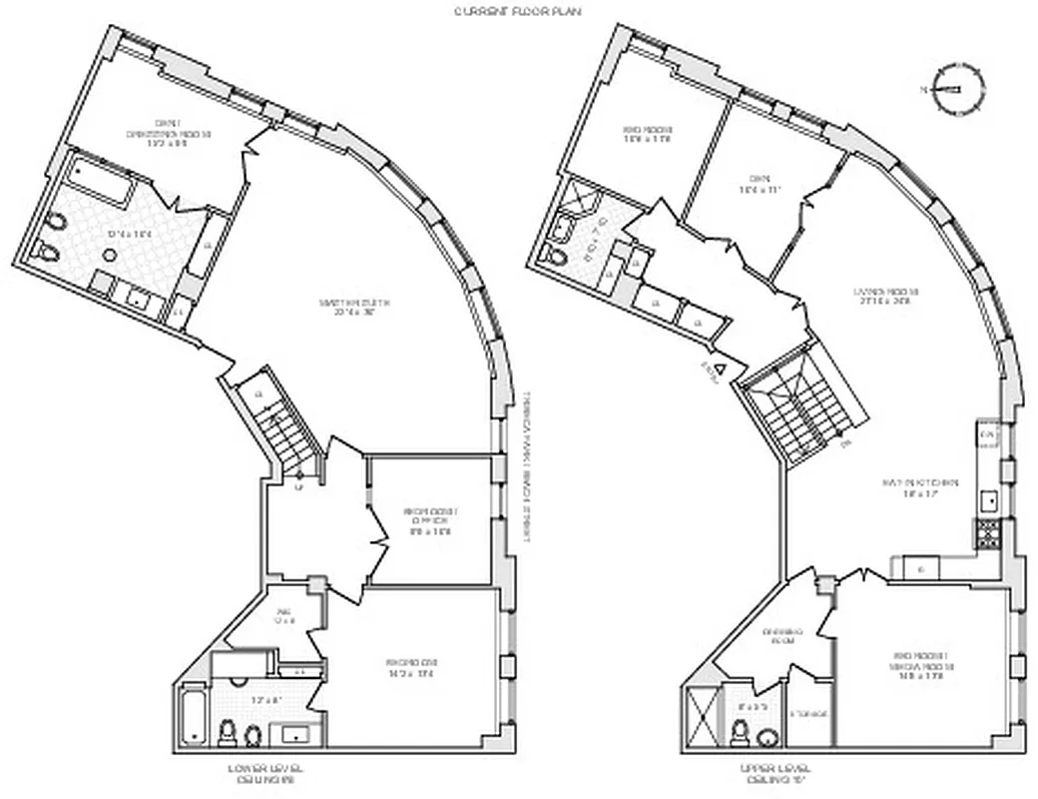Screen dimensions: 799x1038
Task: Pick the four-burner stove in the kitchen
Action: [989, 535]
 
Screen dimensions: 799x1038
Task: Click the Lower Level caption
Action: [265, 774]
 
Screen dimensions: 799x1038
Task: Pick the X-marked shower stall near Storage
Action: [704, 716]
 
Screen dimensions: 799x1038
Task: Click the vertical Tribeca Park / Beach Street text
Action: [524, 465]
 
